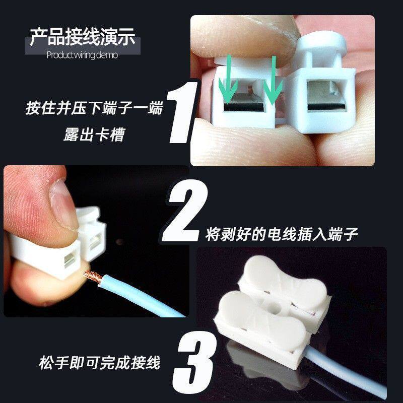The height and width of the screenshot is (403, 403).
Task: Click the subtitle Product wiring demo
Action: [x=82, y=55]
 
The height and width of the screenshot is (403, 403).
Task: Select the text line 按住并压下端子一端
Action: [x=95, y=108]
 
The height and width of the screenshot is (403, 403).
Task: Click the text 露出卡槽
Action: [x=94, y=135]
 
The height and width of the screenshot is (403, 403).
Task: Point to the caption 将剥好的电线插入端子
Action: [x=282, y=234]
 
